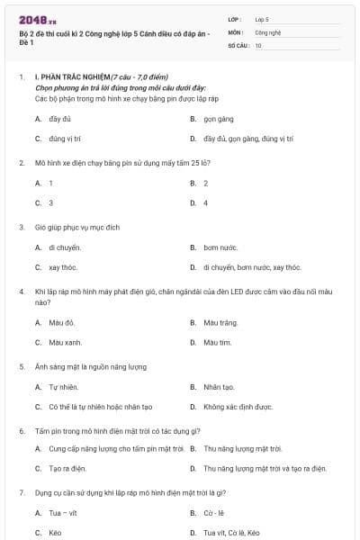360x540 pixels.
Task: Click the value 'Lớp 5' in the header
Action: (262, 18)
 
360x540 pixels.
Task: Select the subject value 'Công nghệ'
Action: (267, 31)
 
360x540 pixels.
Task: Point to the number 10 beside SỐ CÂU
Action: (258, 45)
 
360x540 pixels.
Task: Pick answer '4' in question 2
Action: (205, 202)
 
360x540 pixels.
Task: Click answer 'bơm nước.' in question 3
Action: (220, 247)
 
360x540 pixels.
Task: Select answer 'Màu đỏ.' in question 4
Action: (62, 322)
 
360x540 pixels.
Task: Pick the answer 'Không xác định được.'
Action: (238, 407)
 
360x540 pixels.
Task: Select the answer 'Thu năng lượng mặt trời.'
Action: (243, 448)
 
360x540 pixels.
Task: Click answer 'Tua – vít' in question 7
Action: (63, 513)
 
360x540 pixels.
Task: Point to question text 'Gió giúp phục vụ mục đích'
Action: (77, 228)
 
